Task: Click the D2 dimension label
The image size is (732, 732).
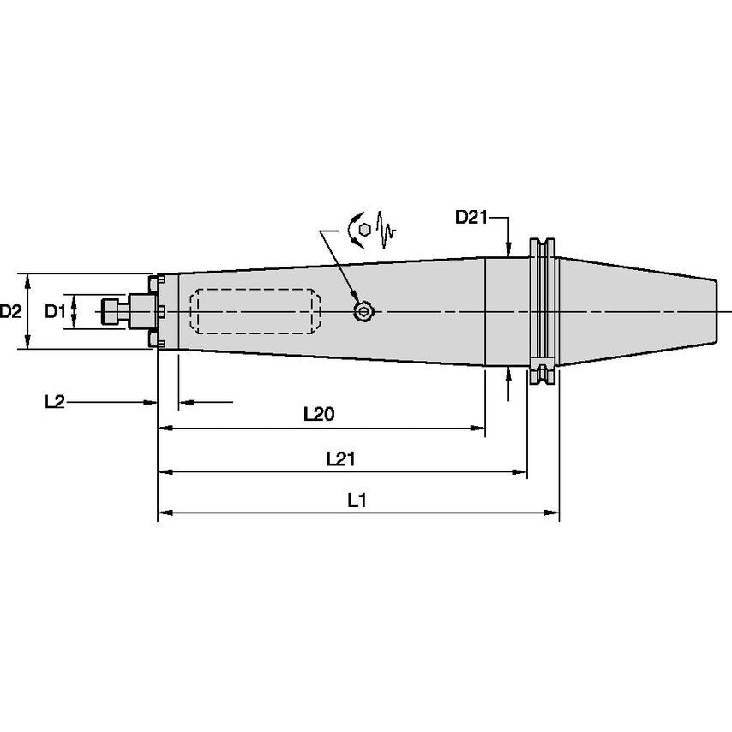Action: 10,311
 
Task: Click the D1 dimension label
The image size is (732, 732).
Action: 55,311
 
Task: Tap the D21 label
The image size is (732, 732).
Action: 471,218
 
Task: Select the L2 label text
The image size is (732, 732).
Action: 54,401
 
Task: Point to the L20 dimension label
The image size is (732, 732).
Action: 319,414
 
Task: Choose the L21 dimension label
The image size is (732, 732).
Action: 340,459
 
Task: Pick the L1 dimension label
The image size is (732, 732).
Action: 357,501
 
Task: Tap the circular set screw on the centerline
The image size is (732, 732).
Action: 364,312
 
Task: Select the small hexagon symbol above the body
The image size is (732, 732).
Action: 366,229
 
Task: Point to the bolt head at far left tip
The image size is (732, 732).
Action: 110,311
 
